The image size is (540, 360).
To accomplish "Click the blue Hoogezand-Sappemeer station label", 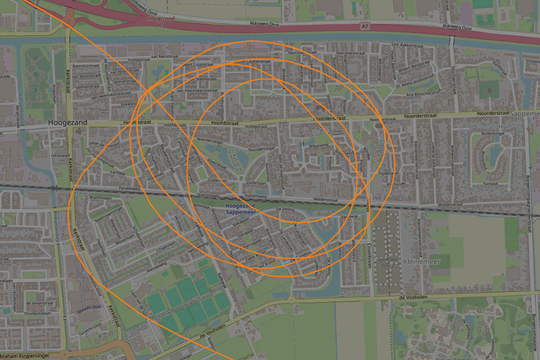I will [242, 210].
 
